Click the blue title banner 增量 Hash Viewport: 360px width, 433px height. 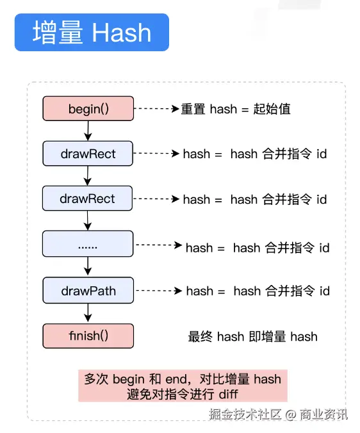[92, 33]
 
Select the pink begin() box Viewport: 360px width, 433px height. [88, 108]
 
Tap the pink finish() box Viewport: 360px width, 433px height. [88, 336]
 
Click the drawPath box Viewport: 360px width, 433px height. [88, 291]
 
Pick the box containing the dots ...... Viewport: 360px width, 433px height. [88, 245]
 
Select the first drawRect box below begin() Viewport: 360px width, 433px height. [88, 154]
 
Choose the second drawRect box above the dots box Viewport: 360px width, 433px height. [88, 199]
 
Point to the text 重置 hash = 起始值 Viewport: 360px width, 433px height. [236, 109]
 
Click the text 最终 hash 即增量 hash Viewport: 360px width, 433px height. [252, 336]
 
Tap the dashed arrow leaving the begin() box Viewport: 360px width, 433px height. [156, 109]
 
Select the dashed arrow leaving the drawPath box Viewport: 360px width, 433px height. [159, 291]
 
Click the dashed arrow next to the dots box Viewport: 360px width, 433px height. [159, 245]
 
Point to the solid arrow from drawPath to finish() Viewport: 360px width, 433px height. [88, 313]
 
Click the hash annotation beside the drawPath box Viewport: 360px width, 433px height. [258, 291]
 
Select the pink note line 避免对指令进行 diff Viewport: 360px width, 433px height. [183, 393]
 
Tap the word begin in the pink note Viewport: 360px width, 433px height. [129, 379]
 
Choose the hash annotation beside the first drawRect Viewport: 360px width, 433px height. [255, 154]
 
